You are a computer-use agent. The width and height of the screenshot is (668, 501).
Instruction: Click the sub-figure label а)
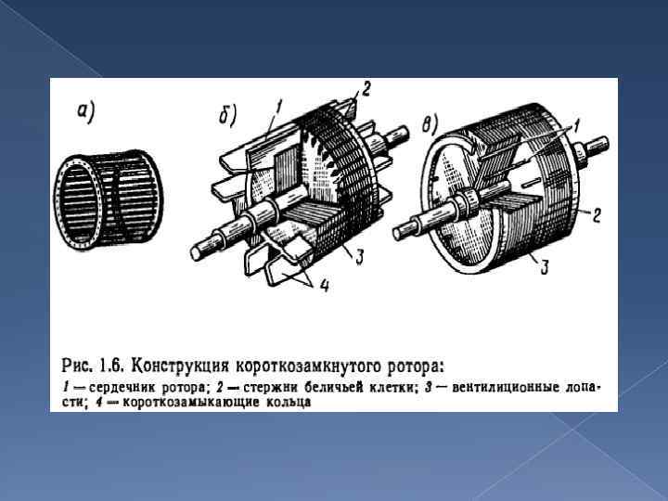coord(85,112)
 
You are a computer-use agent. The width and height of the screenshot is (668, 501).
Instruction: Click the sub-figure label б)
coord(227,115)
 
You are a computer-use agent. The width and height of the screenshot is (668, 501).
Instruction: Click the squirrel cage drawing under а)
coord(109,200)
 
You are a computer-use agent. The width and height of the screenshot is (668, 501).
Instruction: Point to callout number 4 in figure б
coord(324,286)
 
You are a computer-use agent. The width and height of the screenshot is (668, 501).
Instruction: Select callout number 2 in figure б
coord(366,89)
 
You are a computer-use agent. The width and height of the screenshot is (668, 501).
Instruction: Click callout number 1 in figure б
coord(278,107)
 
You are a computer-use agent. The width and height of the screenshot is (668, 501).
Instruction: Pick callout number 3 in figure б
coord(359,257)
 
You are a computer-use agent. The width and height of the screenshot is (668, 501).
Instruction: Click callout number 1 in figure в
coord(576,125)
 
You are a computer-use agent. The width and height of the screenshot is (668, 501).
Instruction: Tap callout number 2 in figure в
coord(597,216)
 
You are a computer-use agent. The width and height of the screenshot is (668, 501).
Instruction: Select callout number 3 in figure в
coord(544,267)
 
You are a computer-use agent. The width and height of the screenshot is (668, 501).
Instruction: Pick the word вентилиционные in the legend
coord(506,388)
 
